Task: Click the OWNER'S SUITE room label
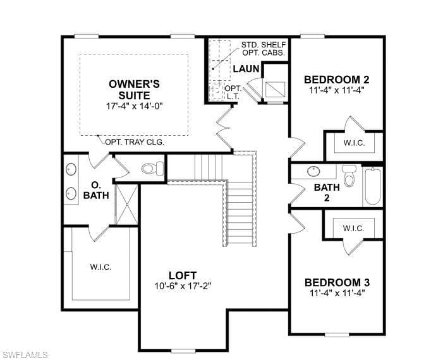[134, 90]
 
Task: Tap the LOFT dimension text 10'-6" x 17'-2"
[183, 286]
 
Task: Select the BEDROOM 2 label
[337, 80]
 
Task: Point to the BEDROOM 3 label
[337, 282]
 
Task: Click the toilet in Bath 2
[349, 176]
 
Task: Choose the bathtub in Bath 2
[373, 186]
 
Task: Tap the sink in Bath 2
[313, 171]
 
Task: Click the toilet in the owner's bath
[152, 169]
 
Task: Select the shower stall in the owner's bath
[126, 204]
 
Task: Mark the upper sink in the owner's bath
[71, 169]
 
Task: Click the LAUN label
[246, 69]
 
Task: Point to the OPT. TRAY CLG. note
[135, 142]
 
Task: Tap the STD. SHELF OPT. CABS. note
[264, 49]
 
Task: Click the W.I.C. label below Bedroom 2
[354, 143]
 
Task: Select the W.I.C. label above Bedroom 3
[353, 229]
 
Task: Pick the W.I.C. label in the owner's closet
[100, 267]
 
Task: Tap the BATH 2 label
[327, 193]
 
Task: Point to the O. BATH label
[96, 190]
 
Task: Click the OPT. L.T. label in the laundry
[233, 93]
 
